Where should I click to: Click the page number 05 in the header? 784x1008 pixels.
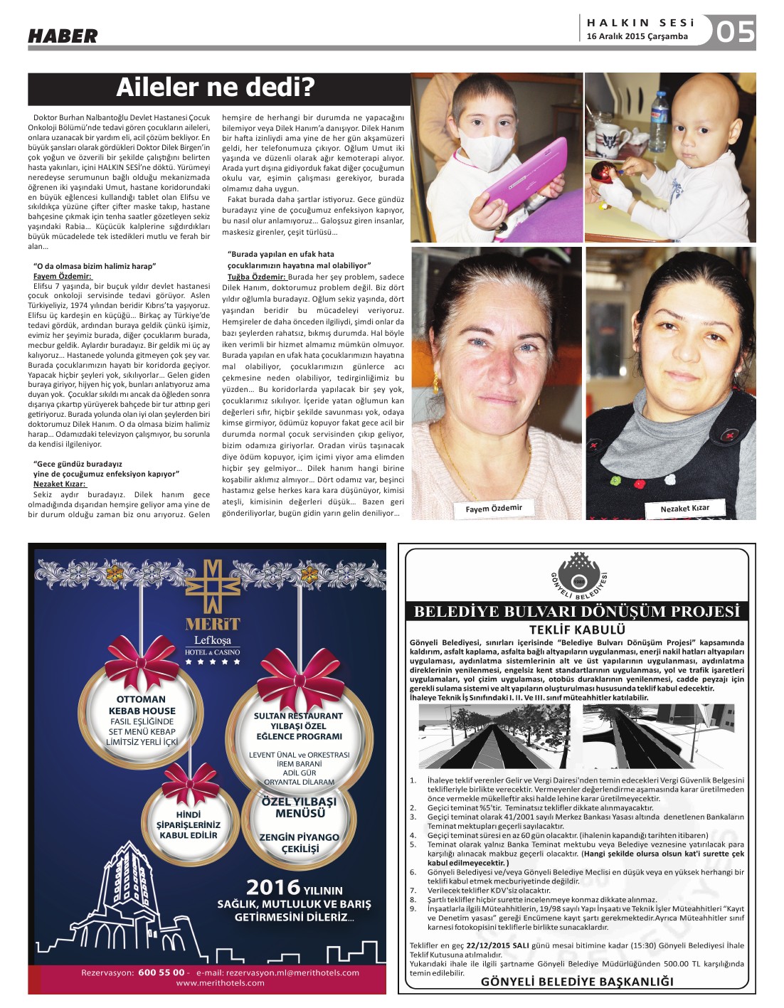(x=735, y=32)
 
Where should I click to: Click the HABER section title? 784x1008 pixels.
(x=63, y=36)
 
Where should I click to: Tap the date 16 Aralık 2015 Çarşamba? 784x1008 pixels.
(x=637, y=36)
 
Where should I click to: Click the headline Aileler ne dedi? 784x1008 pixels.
(x=215, y=87)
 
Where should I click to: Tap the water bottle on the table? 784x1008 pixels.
(x=660, y=114)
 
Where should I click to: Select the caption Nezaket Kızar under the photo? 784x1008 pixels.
(x=684, y=508)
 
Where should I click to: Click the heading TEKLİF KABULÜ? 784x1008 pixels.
(x=577, y=629)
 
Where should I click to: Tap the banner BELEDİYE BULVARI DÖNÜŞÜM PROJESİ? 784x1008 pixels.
(x=577, y=611)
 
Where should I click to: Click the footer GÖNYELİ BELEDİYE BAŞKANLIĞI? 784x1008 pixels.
(x=577, y=982)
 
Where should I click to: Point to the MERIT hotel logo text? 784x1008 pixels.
(x=213, y=624)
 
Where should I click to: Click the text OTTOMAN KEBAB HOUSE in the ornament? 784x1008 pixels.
(x=141, y=705)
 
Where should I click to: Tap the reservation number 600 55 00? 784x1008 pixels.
(x=161, y=972)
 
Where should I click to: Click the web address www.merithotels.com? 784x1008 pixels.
(x=220, y=982)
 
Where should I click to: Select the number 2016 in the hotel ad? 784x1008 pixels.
(x=273, y=887)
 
